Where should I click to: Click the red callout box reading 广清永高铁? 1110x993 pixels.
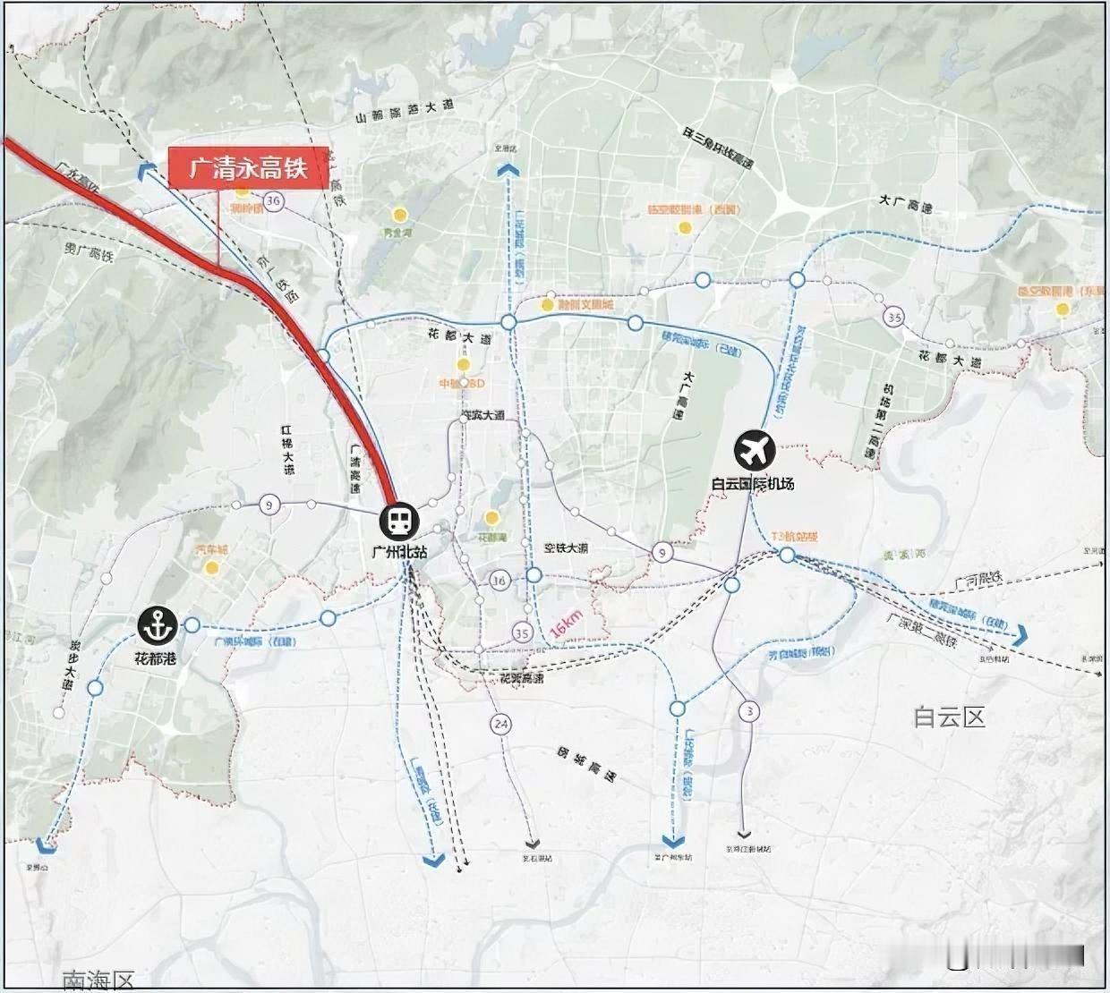[249, 167]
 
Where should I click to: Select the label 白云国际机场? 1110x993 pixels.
[753, 484]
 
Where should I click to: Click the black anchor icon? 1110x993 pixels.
[159, 626]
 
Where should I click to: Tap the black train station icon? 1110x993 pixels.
[397, 521]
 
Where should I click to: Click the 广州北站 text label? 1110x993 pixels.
[399, 552]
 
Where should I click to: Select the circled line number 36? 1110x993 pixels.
[273, 200]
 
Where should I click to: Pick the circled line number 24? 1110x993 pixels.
[500, 724]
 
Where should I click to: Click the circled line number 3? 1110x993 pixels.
[748, 711]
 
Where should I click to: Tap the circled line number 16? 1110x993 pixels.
[499, 581]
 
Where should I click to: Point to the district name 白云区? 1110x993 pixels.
[949, 717]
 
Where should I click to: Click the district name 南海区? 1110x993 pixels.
[98, 980]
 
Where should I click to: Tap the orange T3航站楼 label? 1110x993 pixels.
[794, 537]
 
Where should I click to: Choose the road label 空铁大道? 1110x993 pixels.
[566, 548]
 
